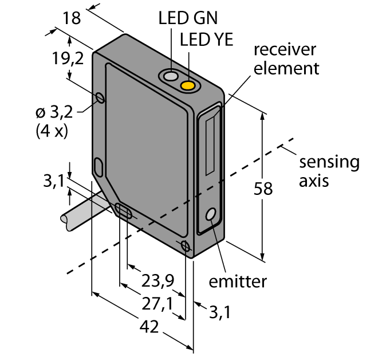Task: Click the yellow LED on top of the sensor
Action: pyautogui.click(x=188, y=87)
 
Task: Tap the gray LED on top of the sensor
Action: pyautogui.click(x=170, y=76)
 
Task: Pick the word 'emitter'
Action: pyautogui.click(x=238, y=281)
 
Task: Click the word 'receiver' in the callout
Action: pyautogui.click(x=284, y=50)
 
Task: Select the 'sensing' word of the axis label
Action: pyautogui.click(x=329, y=162)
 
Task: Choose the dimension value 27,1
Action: pyautogui.click(x=157, y=303)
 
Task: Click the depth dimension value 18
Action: pyautogui.click(x=72, y=18)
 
